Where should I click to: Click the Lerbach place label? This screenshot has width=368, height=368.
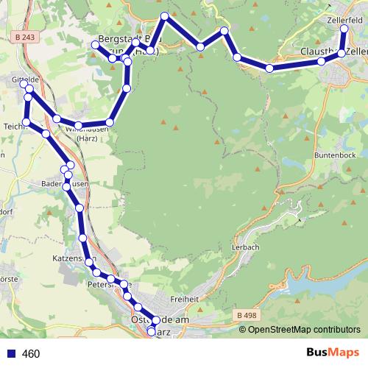[x=246, y=247]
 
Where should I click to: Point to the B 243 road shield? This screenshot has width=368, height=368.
[x=23, y=36]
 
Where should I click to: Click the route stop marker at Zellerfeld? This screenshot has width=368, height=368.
[x=344, y=28]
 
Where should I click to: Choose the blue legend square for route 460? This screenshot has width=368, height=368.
[x=11, y=354]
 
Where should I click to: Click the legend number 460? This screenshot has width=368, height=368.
[x=31, y=354]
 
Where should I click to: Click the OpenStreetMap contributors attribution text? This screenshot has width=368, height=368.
[x=304, y=329]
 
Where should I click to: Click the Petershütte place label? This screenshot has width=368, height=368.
[x=107, y=283]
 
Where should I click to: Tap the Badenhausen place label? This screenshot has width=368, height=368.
[x=66, y=183]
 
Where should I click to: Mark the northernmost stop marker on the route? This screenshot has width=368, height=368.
[x=165, y=16]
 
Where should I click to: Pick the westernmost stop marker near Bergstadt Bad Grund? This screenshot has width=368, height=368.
[x=95, y=46]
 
